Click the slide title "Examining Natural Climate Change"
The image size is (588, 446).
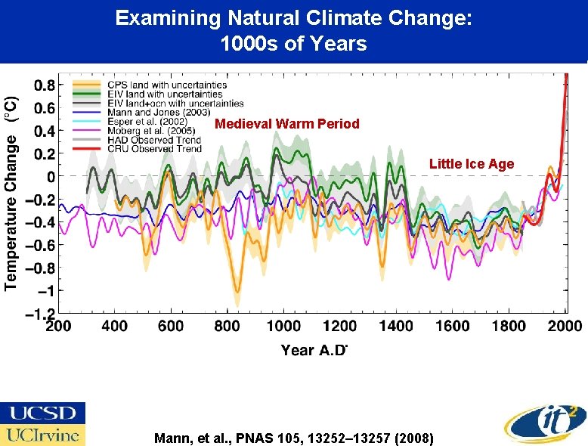pyautogui.click(x=294, y=19)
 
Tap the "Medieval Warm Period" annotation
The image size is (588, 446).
pyautogui.click(x=287, y=124)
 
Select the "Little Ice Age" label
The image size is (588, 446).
pyautogui.click(x=471, y=164)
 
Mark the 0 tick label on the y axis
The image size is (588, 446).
pyautogui.click(x=49, y=176)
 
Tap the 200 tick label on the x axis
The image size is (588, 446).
pyautogui.click(x=59, y=327)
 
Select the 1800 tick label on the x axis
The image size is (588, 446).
pyautogui.click(x=508, y=327)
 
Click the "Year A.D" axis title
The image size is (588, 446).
pyautogui.click(x=314, y=349)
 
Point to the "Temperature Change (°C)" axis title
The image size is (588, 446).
pyautogui.click(x=12, y=193)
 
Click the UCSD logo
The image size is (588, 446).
pyautogui.click(x=42, y=413)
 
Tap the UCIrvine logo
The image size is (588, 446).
pyautogui.click(x=42, y=435)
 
